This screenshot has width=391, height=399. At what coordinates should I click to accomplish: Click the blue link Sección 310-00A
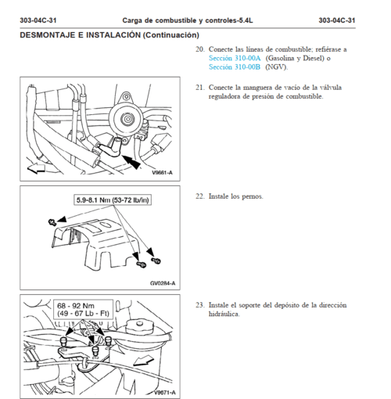click(x=235, y=58)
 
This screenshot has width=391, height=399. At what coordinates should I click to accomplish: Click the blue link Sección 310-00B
click(x=235, y=67)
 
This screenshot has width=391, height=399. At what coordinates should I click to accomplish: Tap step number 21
click(x=200, y=88)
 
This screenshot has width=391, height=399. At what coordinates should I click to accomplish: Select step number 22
click(x=200, y=196)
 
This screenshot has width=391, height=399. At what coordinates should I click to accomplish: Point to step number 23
click(x=200, y=305)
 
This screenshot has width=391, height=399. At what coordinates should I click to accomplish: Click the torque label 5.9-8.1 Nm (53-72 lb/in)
click(x=113, y=200)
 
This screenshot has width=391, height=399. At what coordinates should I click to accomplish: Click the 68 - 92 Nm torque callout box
click(x=83, y=310)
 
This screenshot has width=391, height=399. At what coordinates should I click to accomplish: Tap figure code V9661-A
click(x=162, y=173)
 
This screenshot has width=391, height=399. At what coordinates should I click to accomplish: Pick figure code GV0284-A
click(x=163, y=283)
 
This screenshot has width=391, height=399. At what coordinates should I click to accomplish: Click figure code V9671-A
click(x=164, y=393)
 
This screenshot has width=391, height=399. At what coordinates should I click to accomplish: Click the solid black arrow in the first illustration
click(x=131, y=162)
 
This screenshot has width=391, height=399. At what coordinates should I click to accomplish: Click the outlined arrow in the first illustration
click(x=37, y=168)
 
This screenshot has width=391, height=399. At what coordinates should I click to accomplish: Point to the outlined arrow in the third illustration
click(x=143, y=361)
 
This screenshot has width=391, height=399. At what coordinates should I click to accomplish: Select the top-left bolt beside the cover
click(x=52, y=222)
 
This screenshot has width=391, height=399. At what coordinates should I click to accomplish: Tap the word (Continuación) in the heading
click(x=171, y=35)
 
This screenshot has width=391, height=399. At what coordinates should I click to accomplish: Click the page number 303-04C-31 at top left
click(x=38, y=20)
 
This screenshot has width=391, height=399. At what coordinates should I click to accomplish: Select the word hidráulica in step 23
click(x=224, y=314)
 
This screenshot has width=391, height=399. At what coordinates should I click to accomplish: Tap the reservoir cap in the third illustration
click(x=139, y=326)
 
